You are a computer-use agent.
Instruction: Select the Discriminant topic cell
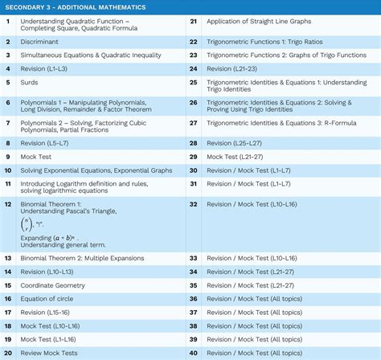43,41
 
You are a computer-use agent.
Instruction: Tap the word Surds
32,83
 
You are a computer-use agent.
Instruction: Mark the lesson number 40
193,353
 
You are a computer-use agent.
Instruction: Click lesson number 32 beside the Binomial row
193,205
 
